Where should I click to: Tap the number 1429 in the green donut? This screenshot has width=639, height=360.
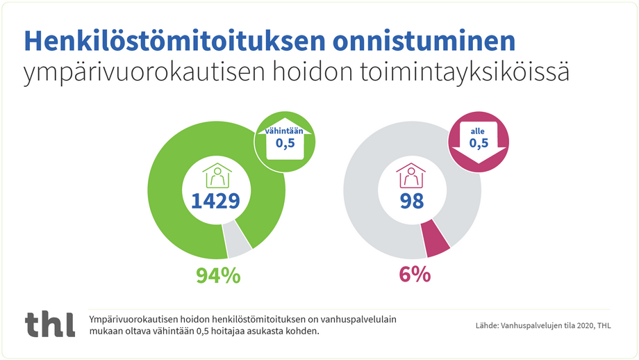coord(216,201)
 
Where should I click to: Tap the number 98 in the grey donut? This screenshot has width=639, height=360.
coord(411,201)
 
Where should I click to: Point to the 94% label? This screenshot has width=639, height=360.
coord(218,275)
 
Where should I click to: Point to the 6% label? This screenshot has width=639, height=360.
coord(415,275)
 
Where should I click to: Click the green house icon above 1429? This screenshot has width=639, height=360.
coord(217,176)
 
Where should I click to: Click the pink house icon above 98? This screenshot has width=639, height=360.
coord(410,176)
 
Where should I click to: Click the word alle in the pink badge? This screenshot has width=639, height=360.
coord(478,130)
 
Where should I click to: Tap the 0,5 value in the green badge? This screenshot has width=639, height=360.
coord(285,143)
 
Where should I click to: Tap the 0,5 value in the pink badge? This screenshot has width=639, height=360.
coord(479,144)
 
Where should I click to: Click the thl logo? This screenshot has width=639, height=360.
coord(49,325)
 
